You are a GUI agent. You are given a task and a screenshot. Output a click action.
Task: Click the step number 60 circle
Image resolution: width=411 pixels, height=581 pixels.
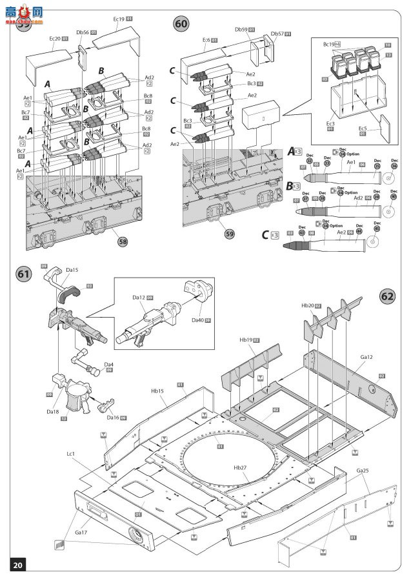point(182,24)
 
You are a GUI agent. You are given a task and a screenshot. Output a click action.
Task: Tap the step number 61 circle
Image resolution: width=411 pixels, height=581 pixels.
point(23,274)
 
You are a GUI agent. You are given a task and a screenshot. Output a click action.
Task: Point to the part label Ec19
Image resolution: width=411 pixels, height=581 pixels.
point(119,19)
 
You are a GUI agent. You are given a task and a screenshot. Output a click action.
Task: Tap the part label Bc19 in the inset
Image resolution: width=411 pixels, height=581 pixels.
point(330,44)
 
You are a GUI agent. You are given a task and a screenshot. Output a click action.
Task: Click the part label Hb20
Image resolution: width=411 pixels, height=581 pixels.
point(307,305)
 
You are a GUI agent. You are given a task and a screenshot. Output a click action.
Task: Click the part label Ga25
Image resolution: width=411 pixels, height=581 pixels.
point(362,472)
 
